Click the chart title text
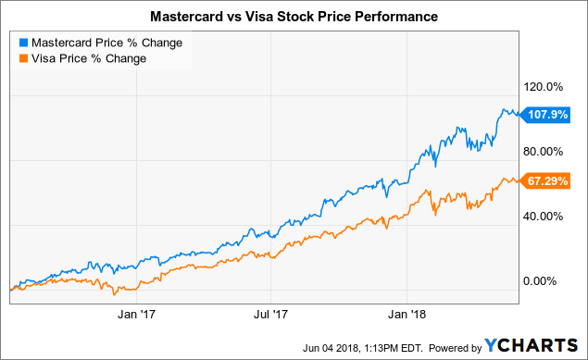pos(294,17)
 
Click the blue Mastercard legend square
pos(24,43)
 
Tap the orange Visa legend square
pos(24,58)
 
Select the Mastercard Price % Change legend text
pos(106,43)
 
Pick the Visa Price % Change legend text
pos(89,58)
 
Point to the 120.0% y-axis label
pos(544,87)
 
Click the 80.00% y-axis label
pos(544,152)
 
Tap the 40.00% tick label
pos(544,217)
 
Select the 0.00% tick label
pos(540,281)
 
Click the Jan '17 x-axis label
pos(136,314)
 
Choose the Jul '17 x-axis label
pos(270,314)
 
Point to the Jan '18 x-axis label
pos(407,314)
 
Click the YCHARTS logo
pos(531,345)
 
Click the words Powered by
pos(455,348)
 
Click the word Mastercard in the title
pos(186,17)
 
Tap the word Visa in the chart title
pos(258,17)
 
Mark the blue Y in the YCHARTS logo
pos(492,345)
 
